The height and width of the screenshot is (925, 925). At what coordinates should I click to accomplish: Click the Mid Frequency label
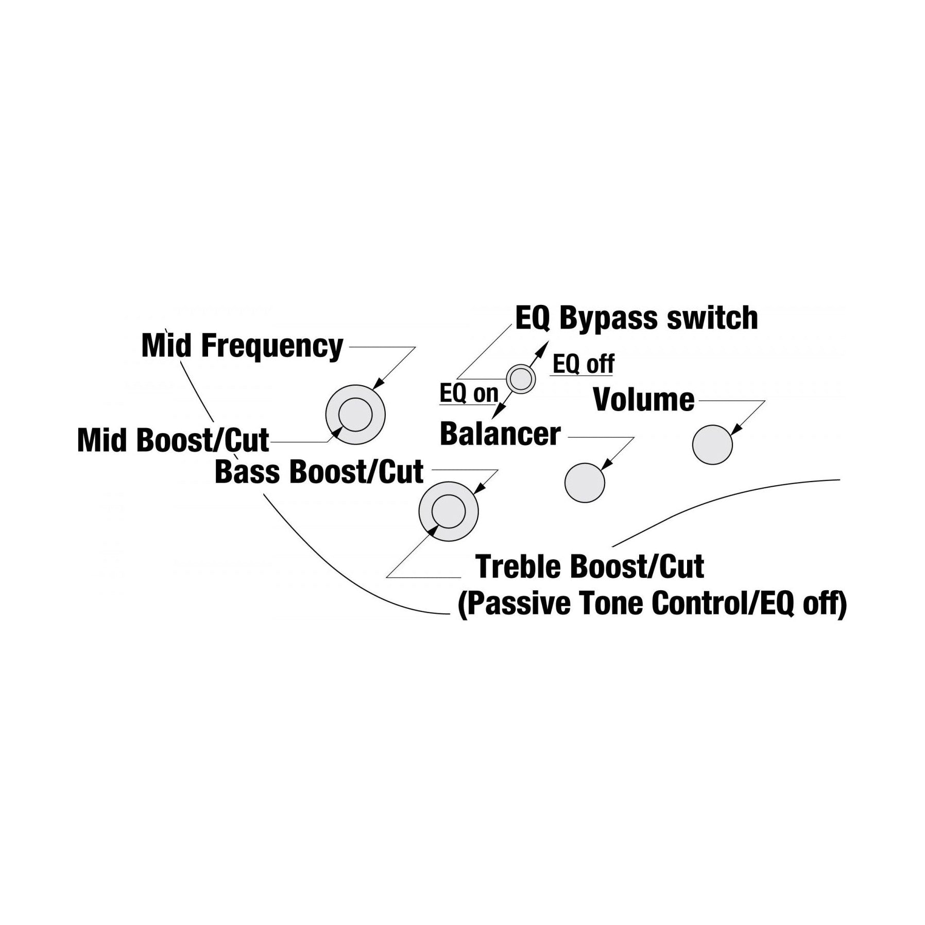pyautogui.click(x=242, y=346)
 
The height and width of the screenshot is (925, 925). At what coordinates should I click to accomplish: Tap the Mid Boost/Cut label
pyautogui.click(x=173, y=440)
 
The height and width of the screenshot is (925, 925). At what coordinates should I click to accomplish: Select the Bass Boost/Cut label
pyautogui.click(x=319, y=472)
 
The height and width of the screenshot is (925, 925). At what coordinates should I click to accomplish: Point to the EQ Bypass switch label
pyautogui.click(x=637, y=318)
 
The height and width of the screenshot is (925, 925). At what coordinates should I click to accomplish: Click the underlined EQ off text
pyautogui.click(x=583, y=364)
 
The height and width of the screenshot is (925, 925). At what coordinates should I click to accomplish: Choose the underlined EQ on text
pyautogui.click(x=469, y=394)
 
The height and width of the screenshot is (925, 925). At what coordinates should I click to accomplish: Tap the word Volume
pyautogui.click(x=644, y=400)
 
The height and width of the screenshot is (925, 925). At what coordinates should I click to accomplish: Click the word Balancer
pyautogui.click(x=500, y=434)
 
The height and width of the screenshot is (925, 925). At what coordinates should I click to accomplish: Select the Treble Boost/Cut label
pyautogui.click(x=590, y=567)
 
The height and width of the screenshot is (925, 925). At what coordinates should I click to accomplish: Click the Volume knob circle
pyautogui.click(x=712, y=444)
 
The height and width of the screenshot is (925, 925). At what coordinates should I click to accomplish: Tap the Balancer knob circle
pyautogui.click(x=585, y=483)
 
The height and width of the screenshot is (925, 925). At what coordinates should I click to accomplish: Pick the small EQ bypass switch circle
pyautogui.click(x=521, y=380)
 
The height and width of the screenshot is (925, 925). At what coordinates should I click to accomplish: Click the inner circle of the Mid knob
pyautogui.click(x=356, y=415)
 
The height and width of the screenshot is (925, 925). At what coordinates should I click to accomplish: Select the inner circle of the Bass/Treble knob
pyautogui.click(x=449, y=511)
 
